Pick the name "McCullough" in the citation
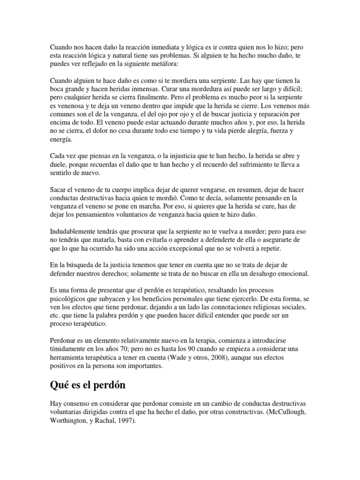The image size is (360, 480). (x=287, y=411)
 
